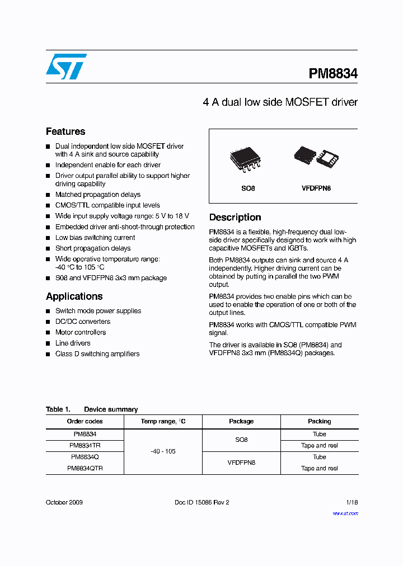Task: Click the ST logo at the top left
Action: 66,67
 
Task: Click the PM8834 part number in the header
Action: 333,73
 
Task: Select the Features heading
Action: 65,131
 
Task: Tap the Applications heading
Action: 74,296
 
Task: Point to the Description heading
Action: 235,217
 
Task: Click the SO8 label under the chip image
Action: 248,188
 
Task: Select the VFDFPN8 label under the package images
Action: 316,188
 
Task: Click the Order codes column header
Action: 85,421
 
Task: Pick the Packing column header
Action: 319,421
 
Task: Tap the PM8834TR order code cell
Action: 85,446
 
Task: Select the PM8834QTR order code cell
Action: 85,469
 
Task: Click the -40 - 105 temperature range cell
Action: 163,451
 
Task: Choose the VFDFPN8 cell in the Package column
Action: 241,463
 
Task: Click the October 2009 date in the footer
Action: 64,502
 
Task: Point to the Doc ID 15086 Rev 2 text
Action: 202,502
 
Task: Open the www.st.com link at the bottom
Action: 345,513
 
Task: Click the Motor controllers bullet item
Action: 80,332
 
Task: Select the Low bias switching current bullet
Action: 95,238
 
